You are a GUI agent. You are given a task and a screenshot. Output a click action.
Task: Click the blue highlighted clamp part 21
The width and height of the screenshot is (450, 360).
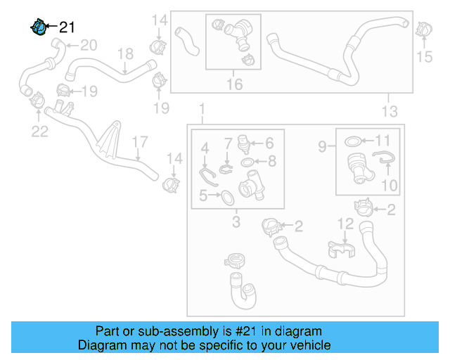pos(39,27)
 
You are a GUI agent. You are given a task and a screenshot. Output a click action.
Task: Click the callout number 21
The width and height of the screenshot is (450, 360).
pos(67,27)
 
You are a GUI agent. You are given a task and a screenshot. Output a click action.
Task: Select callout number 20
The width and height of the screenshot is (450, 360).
pos(88,46)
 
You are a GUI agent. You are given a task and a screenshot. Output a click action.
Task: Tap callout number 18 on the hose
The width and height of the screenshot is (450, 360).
pos(124,53)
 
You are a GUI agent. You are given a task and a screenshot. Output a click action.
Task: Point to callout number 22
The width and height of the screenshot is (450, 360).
pos(39,131)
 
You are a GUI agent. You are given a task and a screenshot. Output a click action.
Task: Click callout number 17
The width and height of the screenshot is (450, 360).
pos(139,141)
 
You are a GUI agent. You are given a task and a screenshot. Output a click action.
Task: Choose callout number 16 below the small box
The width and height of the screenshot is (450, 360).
pos(234,84)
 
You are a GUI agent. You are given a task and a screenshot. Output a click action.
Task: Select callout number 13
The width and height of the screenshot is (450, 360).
pos(389,111)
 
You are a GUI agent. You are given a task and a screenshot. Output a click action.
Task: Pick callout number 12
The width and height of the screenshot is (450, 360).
pos(345,224)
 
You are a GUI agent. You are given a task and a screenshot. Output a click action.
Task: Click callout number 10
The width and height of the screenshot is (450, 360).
pos(389,186)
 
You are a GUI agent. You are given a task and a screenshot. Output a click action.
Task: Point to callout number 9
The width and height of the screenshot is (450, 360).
pos(322,147)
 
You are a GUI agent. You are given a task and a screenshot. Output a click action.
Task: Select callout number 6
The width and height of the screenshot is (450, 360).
pos(269,143)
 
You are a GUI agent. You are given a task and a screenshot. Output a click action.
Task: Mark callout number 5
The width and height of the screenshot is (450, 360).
pos(202,196)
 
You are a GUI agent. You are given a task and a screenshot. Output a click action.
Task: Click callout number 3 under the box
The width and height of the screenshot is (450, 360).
pos(236,223)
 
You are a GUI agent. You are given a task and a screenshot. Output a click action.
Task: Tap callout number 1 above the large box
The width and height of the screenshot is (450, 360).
pos(202,110)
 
